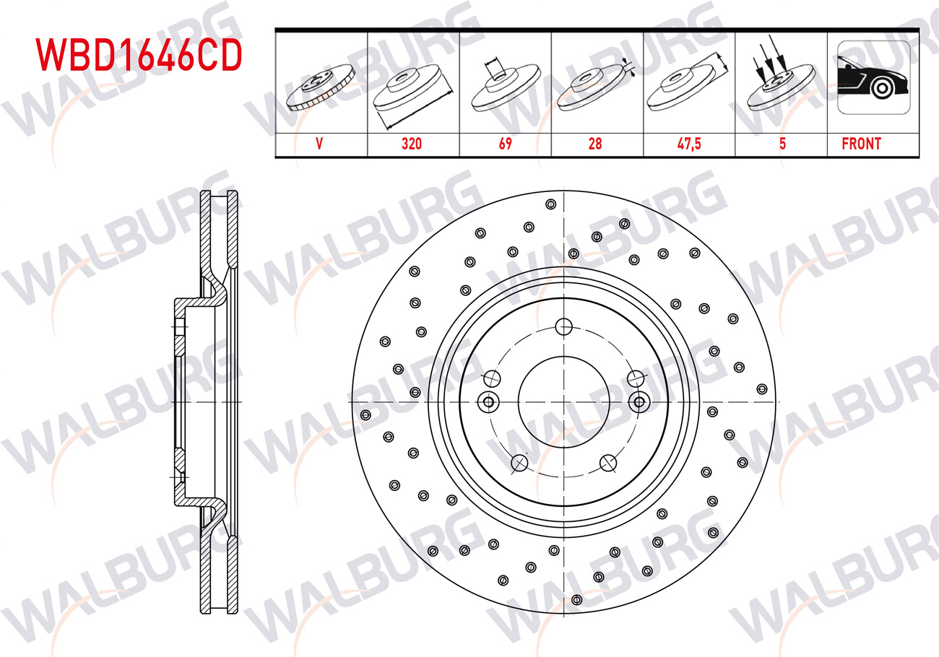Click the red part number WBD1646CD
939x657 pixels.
coord(139,54)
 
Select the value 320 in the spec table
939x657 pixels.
coord(411,144)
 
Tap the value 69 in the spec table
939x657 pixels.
coord(505,144)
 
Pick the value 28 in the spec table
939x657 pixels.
coord(595,144)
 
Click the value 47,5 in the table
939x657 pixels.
coord(689,144)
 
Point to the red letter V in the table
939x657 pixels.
coord(319,144)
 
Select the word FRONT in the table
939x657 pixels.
coord(862,144)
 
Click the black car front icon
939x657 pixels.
coord(873,77)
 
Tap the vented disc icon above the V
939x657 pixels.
coord(321,87)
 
